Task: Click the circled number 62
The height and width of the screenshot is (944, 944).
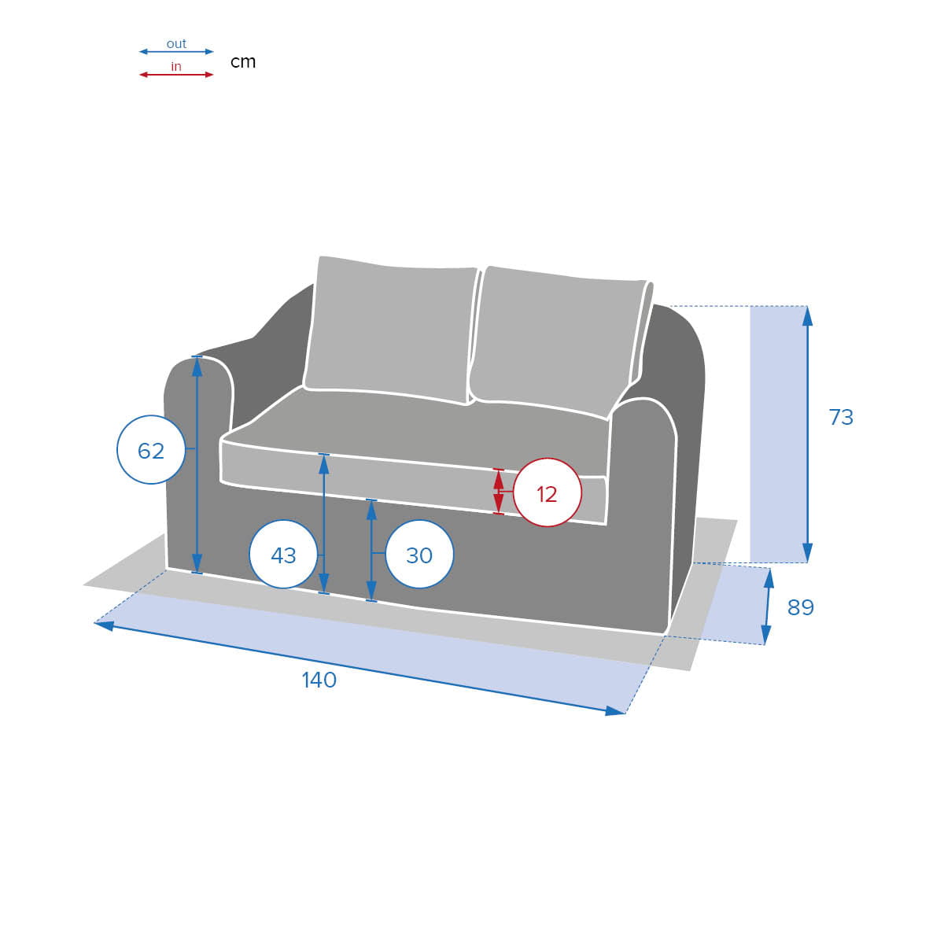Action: click(x=151, y=450)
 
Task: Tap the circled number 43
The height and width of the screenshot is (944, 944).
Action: click(x=283, y=554)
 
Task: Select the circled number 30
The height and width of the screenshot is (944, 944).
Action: click(x=419, y=554)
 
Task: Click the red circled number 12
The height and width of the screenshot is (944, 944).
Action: click(x=547, y=492)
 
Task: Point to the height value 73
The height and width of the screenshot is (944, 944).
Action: click(x=841, y=418)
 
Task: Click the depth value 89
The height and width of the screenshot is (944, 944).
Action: click(x=801, y=607)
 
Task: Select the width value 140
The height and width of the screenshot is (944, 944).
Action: click(x=319, y=680)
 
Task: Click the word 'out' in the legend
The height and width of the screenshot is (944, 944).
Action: click(x=176, y=43)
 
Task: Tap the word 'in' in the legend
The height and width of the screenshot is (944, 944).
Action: click(x=176, y=66)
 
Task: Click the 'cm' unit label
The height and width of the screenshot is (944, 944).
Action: click(x=243, y=61)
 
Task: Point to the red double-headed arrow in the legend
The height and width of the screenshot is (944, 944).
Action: click(x=176, y=75)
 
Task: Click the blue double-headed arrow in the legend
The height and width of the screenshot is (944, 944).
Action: click(x=176, y=51)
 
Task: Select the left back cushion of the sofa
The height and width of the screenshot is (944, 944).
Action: click(x=390, y=329)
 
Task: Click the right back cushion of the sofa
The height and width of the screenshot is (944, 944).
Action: click(x=560, y=342)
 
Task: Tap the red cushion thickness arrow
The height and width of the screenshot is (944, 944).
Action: click(x=498, y=492)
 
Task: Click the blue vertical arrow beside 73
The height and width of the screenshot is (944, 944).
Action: click(x=807, y=434)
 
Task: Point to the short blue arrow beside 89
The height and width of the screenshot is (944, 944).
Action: click(x=768, y=607)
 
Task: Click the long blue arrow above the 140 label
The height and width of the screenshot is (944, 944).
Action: click(x=360, y=668)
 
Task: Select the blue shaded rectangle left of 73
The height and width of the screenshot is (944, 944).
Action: click(x=779, y=434)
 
